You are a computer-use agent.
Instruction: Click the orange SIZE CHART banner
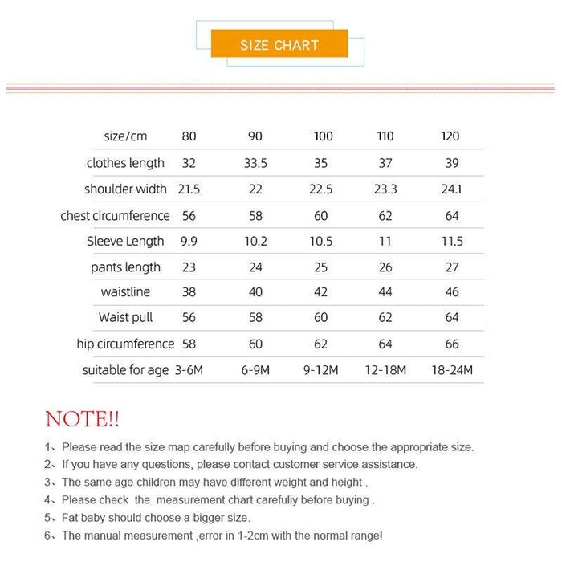(279, 44)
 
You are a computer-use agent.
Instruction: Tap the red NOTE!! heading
(82, 418)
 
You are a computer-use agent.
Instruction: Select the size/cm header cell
(125, 136)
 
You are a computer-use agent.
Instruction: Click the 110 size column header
(385, 136)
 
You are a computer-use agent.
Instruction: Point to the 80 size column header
(189, 136)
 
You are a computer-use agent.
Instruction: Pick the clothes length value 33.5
(255, 163)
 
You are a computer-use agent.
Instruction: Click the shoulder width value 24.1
(452, 189)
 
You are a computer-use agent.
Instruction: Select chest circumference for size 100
(321, 215)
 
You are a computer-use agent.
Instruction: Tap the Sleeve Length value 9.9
(189, 241)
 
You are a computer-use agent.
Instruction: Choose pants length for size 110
(385, 267)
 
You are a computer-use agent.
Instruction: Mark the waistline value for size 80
(189, 292)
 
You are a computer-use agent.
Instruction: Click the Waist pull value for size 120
(452, 318)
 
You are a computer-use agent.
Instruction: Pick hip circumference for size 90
(255, 344)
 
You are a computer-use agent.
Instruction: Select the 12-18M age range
(385, 370)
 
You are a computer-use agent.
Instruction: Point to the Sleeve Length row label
(125, 241)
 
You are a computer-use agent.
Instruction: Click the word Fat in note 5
(72, 518)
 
